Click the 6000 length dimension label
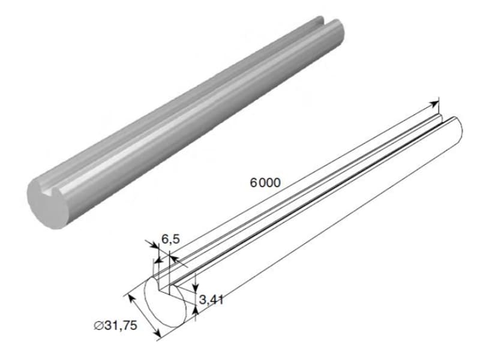click(x=265, y=183)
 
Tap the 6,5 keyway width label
click(x=170, y=239)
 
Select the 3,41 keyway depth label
click(x=211, y=299)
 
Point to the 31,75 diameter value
click(x=121, y=326)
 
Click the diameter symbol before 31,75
click(x=98, y=326)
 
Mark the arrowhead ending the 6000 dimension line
click(x=434, y=104)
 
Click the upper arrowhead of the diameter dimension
click(x=130, y=297)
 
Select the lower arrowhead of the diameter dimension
click(x=157, y=333)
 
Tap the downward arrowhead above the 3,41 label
click(x=196, y=287)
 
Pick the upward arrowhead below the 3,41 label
click(x=196, y=310)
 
